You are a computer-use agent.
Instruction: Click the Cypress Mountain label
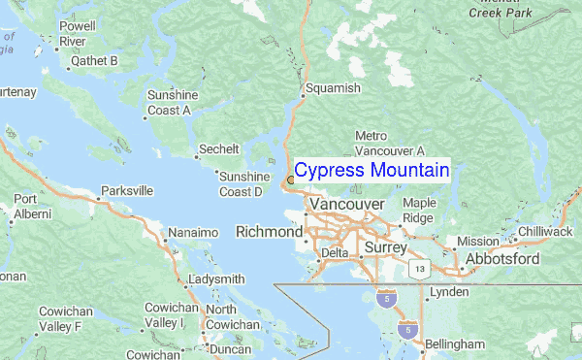point(372,171)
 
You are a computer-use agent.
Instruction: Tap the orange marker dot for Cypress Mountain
point(289,180)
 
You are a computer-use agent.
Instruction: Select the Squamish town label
point(333,88)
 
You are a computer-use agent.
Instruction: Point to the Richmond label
point(269,233)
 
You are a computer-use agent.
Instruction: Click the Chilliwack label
point(546,232)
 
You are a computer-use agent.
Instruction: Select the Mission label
point(477,242)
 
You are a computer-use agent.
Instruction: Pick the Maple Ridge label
point(419,211)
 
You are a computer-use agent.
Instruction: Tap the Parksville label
point(127,191)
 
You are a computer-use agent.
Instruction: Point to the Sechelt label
point(218,150)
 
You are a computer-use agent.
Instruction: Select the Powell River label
point(83,34)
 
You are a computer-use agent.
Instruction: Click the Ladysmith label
point(217,279)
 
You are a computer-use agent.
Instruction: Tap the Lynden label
point(449,292)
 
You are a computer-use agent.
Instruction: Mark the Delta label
point(334,252)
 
